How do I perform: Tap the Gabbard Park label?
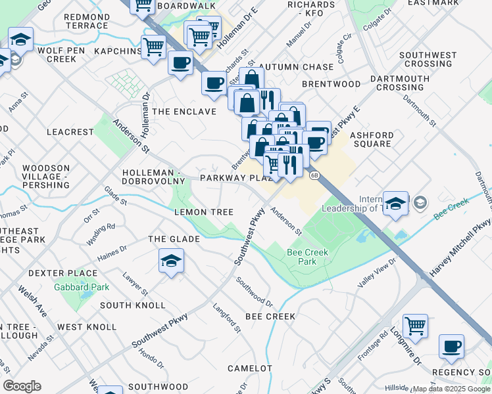pos(82,287)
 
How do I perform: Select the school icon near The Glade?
pos(171,262)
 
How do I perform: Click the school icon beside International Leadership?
pos(395,204)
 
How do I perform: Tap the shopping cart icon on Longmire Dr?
pos(415,326)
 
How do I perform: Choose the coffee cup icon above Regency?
pos(451,347)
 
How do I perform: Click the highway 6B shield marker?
pos(314,175)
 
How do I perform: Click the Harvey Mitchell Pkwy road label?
pos(460,248)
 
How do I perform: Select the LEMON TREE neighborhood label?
pos(203,212)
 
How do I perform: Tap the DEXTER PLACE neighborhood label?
pos(62,273)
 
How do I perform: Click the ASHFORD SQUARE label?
pos(372,140)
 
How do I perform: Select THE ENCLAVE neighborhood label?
pos(184,112)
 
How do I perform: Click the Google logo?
pos(22,386)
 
